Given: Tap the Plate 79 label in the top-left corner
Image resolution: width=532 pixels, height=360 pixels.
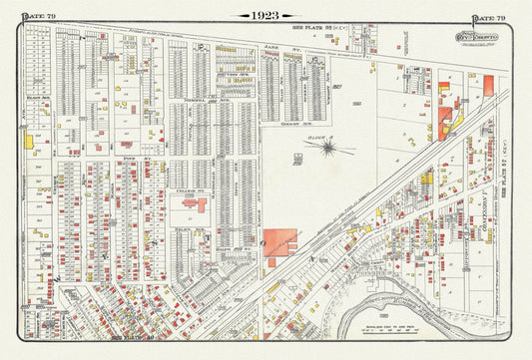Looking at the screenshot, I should coord(37,17).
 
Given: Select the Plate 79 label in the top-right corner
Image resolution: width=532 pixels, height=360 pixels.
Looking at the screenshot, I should coord(488,17).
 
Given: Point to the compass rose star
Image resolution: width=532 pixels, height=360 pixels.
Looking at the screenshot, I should coord(327,148).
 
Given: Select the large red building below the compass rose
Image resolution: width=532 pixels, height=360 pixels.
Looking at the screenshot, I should coord(280,242).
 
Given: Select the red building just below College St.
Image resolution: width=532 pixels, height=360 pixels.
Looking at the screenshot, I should coord(190,202).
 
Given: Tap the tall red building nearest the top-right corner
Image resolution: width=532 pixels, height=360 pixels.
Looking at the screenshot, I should coord(488,86).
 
